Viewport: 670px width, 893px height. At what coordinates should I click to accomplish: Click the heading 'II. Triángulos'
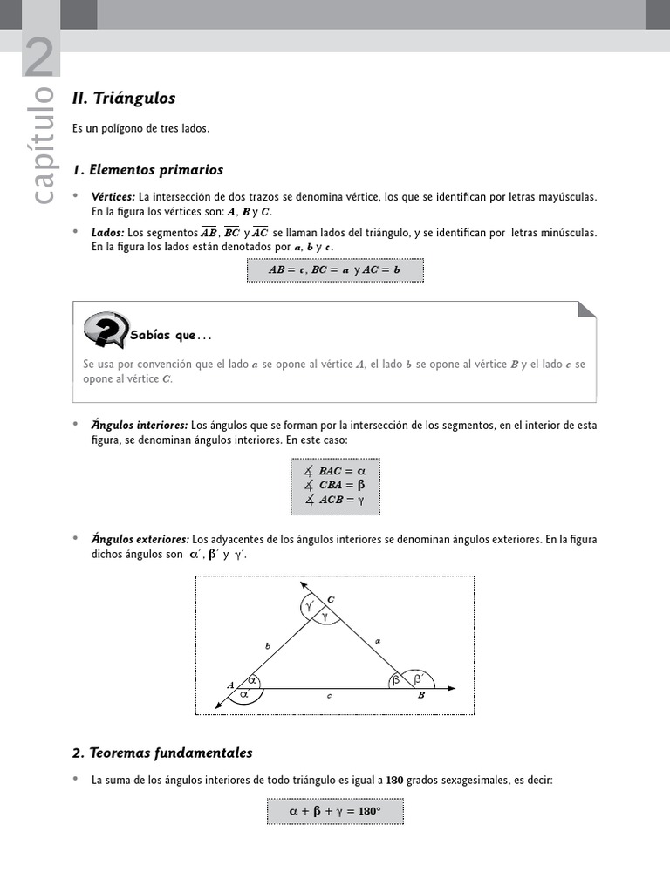[x=124, y=99]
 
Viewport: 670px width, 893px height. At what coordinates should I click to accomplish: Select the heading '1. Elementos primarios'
[x=147, y=170]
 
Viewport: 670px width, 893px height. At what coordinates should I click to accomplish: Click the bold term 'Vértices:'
[x=113, y=197]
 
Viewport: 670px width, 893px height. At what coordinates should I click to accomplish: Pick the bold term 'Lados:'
[x=108, y=233]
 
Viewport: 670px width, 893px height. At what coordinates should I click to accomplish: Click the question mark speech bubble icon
[x=106, y=330]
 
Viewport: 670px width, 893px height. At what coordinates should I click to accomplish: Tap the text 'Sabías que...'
[x=171, y=336]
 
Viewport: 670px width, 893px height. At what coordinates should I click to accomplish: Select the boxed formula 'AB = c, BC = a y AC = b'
[x=334, y=270]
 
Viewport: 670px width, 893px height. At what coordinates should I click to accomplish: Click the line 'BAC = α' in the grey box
[x=335, y=471]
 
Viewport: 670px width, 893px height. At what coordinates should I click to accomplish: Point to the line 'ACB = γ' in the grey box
[x=335, y=500]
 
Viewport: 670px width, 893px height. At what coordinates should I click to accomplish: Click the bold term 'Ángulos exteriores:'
[x=140, y=540]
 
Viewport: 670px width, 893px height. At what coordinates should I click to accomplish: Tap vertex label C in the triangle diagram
[x=331, y=599]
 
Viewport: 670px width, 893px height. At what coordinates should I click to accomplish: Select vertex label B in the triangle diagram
[x=421, y=695]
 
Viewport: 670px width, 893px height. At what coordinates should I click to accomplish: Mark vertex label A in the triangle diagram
[x=230, y=685]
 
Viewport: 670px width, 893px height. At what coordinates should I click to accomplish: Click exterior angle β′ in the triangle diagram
[x=418, y=678]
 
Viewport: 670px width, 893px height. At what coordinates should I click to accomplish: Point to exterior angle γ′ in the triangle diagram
[x=309, y=603]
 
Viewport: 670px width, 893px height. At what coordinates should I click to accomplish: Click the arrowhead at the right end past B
[x=451, y=689]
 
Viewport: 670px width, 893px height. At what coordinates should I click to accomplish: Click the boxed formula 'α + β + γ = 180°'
[x=334, y=811]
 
